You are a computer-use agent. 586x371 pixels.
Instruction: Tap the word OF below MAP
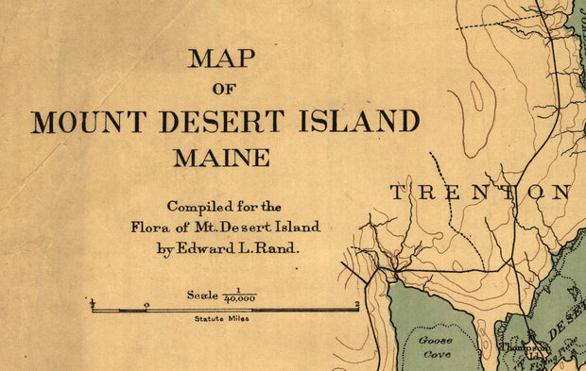pos(223,91)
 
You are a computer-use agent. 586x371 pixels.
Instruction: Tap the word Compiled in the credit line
pos(194,207)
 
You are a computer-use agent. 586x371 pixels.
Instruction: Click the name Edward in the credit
pos(219,248)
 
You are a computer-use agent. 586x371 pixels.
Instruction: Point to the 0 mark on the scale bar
pos(146,304)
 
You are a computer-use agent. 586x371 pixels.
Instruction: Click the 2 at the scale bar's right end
pos(356,304)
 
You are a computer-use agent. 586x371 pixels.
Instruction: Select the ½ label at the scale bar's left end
pos(93,303)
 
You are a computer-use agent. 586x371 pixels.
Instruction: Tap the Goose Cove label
pos(436,346)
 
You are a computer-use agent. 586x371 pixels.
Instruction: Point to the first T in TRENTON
pos(398,193)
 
